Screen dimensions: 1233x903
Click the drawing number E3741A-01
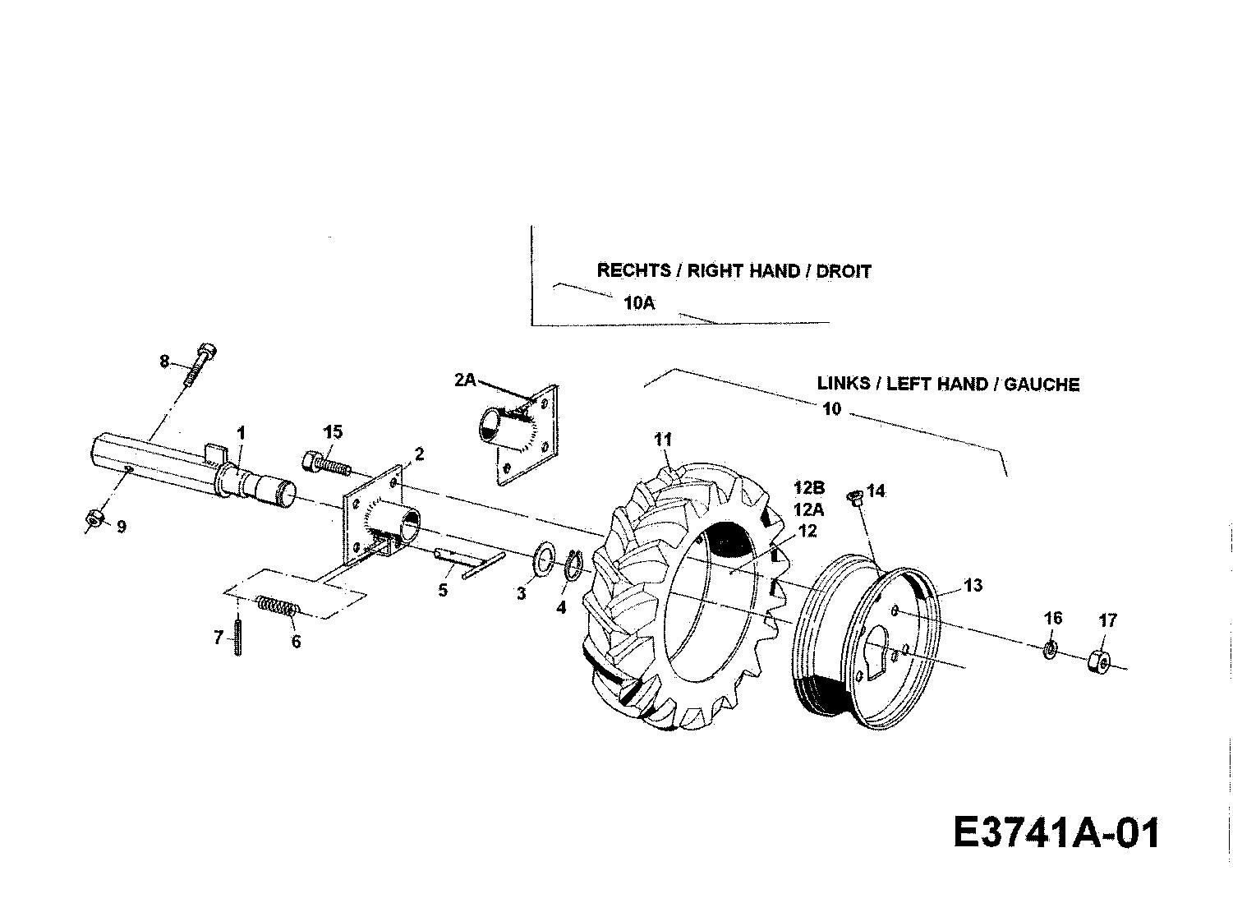pyautogui.click(x=1056, y=832)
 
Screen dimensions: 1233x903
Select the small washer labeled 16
pyautogui.click(x=1050, y=650)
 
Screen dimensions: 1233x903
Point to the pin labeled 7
pyautogui.click(x=237, y=637)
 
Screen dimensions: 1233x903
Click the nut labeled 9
pyautogui.click(x=93, y=517)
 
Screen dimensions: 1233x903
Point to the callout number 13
pyautogui.click(x=973, y=585)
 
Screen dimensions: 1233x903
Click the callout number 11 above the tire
pyautogui.click(x=663, y=440)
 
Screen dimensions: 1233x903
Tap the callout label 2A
pyautogui.click(x=465, y=380)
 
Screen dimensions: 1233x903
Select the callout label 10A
pyautogui.click(x=639, y=302)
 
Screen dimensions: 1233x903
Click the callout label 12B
pyautogui.click(x=809, y=488)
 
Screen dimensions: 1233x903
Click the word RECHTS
pyautogui.click(x=633, y=270)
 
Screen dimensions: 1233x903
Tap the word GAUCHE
pyautogui.click(x=1042, y=384)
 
